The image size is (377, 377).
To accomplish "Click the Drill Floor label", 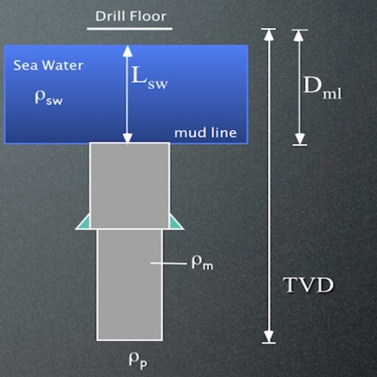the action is pos(131,16).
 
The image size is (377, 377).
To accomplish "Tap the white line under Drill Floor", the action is pos(130,29).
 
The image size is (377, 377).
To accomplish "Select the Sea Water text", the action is pos(48,66).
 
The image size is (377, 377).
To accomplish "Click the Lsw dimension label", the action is pos(149,77).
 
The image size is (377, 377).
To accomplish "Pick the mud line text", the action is pos(205,133).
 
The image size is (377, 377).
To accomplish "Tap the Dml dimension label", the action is pos(323,88).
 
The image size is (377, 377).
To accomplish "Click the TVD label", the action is pos(309,285).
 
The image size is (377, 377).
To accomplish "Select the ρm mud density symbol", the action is pos(202,264).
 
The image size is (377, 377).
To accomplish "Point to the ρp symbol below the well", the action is pos(138,361).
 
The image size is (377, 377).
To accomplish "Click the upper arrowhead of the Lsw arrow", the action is pos(127,51).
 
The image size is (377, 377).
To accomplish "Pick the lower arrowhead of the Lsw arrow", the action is pos(127,138).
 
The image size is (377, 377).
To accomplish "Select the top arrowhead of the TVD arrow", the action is pos(269,35).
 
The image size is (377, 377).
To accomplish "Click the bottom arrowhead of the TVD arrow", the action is pos(269,337).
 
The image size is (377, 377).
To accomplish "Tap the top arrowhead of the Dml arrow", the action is pos(299,35).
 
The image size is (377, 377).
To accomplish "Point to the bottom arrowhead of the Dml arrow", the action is pos(300,139).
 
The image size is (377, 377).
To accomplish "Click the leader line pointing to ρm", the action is pos(169,264).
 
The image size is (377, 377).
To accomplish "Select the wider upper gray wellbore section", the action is pos(130,186).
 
